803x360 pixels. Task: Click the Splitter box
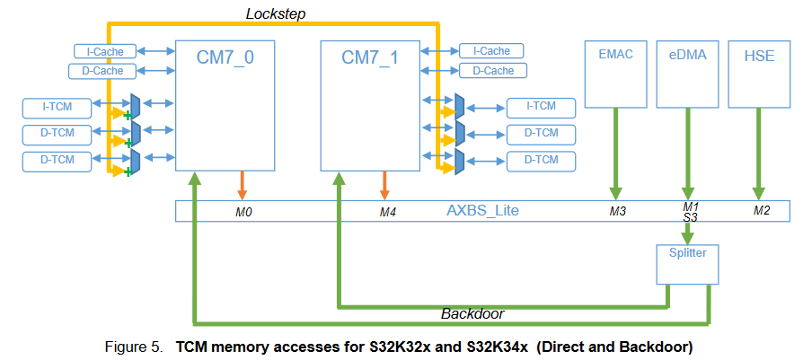pos(687,260)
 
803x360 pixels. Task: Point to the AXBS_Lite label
pos(482,212)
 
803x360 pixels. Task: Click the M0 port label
pos(243,213)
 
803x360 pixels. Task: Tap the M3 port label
pos(616,213)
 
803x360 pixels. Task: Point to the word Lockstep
pos(277,13)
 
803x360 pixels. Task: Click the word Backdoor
pos(471,314)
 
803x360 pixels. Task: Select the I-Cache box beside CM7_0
pos(100,52)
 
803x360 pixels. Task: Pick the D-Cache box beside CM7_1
pos(492,70)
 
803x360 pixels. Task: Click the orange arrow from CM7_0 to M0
pos(242,185)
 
